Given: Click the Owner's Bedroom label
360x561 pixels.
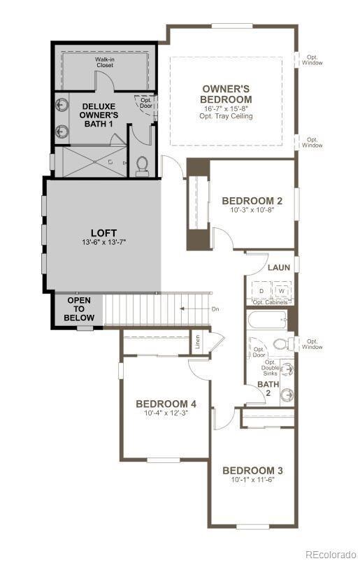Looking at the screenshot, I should (x=226, y=94).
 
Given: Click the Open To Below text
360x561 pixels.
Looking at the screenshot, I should (x=78, y=309).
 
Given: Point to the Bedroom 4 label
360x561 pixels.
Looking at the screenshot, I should (x=166, y=404).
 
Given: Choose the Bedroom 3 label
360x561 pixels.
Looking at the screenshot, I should (x=252, y=469).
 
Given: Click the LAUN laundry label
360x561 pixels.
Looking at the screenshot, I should (x=278, y=268).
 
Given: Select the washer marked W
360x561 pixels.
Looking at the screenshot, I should (x=281, y=290).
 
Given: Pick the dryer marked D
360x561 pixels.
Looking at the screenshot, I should (x=261, y=290).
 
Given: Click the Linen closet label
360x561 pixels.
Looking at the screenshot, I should (x=199, y=343).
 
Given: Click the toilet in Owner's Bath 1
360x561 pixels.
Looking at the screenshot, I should (x=143, y=164).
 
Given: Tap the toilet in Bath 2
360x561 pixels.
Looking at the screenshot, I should (x=281, y=343).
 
